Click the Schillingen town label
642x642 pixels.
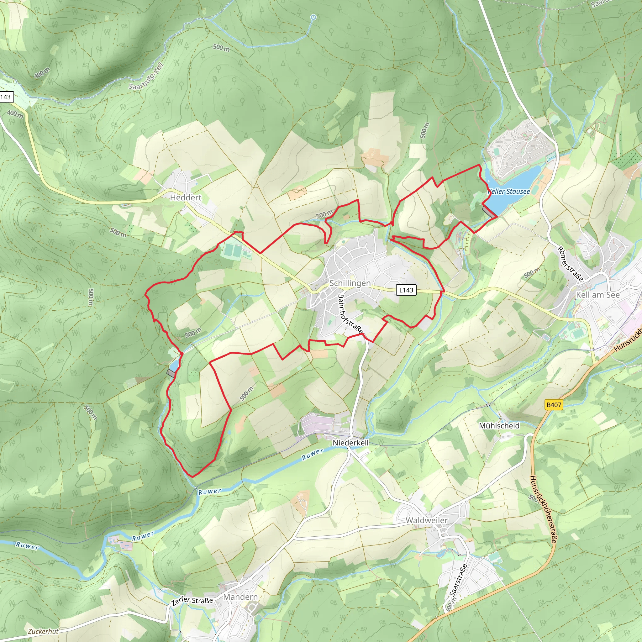[x=350, y=283]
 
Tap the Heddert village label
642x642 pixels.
[x=186, y=198]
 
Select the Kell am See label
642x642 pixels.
[x=597, y=295]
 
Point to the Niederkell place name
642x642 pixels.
[x=350, y=443]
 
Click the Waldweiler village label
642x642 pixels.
[x=426, y=520]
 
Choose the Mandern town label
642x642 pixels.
[x=240, y=597]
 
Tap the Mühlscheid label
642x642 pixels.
[x=499, y=426]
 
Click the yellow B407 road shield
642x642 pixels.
[x=554, y=405]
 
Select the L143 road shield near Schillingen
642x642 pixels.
[x=406, y=290]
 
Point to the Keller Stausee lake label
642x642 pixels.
[x=509, y=192]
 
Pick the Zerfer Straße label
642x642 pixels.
[x=192, y=601]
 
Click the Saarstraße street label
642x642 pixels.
[x=458, y=580]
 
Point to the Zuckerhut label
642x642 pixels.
[x=43, y=631]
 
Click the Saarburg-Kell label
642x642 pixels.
[x=146, y=77]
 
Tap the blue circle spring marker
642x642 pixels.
[x=313, y=17]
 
